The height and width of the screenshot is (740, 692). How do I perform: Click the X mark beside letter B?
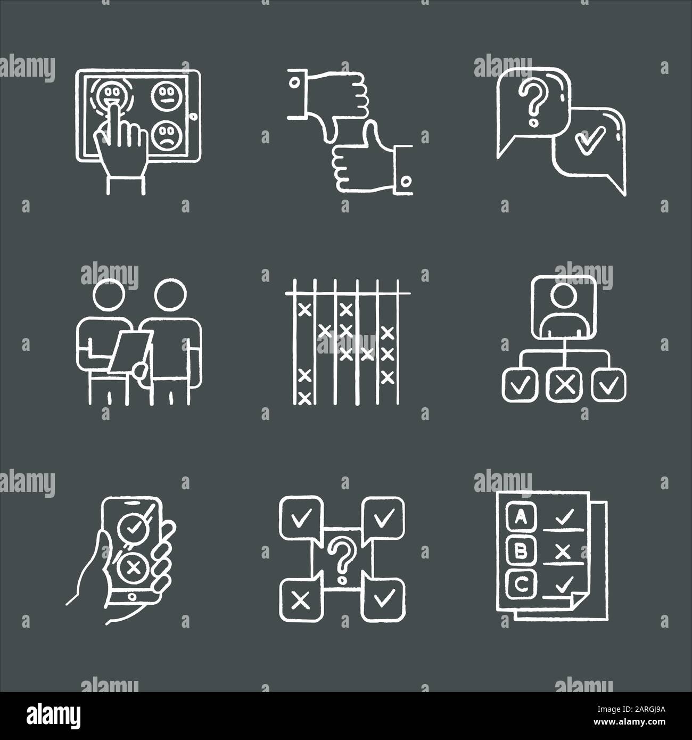(562, 553)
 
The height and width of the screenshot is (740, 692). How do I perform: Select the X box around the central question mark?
(301, 601)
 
